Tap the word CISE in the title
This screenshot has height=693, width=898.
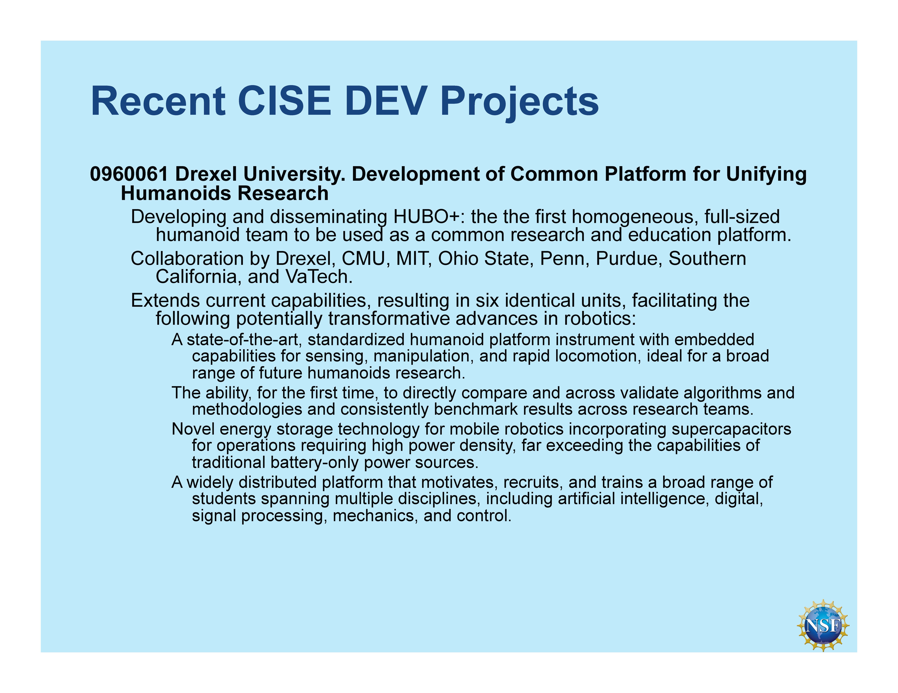point(285,101)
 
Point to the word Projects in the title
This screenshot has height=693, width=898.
point(519,103)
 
